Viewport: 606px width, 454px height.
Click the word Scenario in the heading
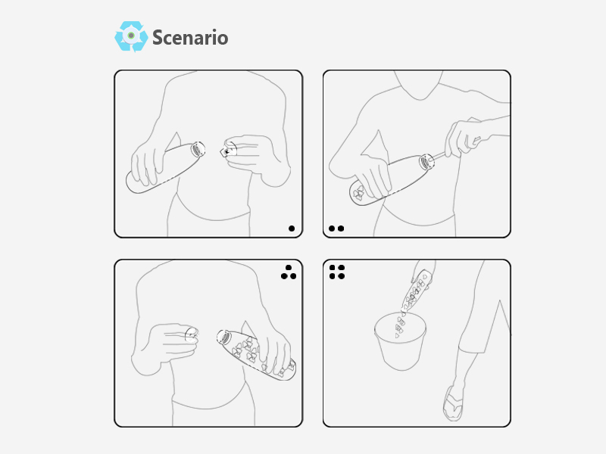[190, 37]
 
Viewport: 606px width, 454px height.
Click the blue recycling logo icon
[131, 36]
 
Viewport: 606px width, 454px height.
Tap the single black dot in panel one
[292, 229]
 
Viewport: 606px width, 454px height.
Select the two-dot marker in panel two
[336, 229]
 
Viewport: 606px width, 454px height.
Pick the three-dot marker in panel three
[289, 272]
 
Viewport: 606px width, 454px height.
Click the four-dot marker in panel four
[337, 272]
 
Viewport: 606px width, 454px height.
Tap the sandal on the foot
[453, 403]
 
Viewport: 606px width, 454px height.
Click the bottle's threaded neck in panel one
[198, 149]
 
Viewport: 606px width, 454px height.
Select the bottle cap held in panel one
[229, 150]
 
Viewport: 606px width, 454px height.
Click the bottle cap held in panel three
[192, 335]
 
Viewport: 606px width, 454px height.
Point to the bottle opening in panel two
[426, 161]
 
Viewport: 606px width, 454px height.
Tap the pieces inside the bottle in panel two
[358, 193]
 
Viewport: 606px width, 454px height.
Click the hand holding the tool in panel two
[466, 137]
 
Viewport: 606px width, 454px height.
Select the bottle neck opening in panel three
[223, 337]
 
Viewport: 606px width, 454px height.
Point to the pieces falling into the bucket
[400, 325]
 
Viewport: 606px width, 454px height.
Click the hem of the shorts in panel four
[472, 350]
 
